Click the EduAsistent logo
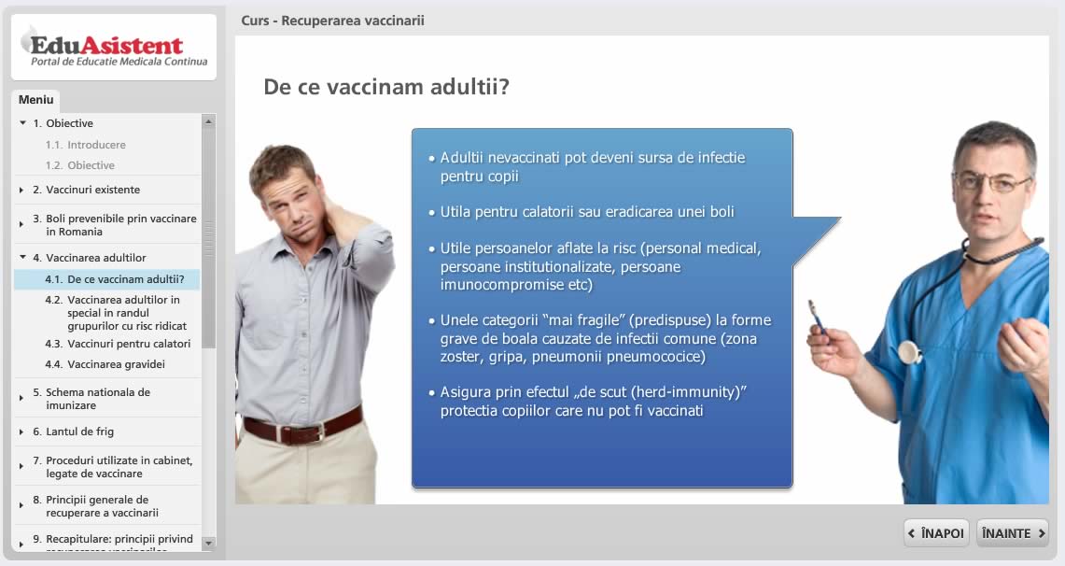[x=114, y=48]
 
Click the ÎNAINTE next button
[x=1012, y=533]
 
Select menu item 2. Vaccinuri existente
[x=86, y=190]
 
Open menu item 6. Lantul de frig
[x=74, y=432]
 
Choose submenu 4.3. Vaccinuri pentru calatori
[x=118, y=344]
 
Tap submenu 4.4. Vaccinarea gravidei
[x=105, y=364]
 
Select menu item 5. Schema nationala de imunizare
[x=91, y=399]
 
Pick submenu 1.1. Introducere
[x=86, y=145]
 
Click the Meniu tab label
[x=36, y=100]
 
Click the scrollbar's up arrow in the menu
[x=208, y=121]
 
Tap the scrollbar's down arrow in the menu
[x=208, y=543]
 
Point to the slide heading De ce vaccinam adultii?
[x=386, y=87]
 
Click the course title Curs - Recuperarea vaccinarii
[x=333, y=21]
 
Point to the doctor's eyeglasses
[x=993, y=182]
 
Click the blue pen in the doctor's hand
[x=816, y=317]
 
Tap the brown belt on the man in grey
[x=303, y=426]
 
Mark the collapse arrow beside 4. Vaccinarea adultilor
[x=22, y=258]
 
